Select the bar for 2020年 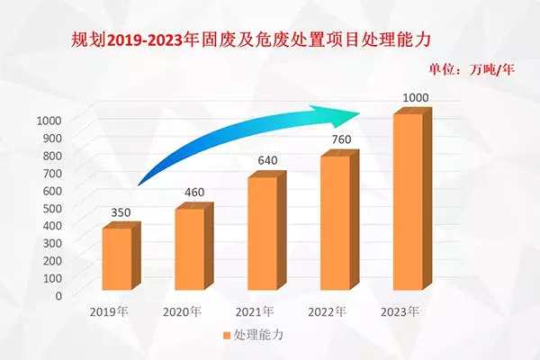[189, 249]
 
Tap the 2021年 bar [262, 233]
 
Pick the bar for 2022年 [335, 223]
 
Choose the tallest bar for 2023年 [408, 202]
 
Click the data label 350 [121, 212]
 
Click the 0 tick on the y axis [58, 295]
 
